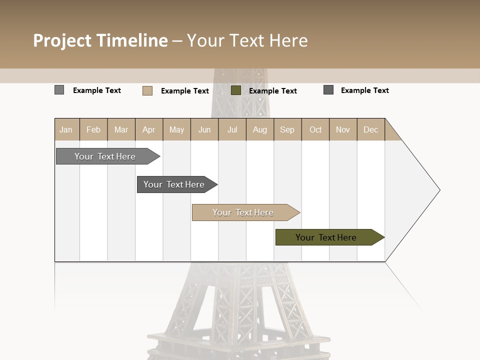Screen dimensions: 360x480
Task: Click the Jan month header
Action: pos(66,129)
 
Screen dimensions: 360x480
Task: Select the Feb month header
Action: pos(93,129)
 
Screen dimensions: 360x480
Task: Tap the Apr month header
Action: pos(149,129)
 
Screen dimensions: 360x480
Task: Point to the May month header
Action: pos(176,129)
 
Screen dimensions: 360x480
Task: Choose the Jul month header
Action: pos(232,129)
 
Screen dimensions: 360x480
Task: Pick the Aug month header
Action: pos(260,129)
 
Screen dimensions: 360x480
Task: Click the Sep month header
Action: pos(287,129)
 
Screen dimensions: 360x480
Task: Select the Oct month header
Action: pos(315,129)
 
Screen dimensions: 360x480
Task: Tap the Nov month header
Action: pos(343,129)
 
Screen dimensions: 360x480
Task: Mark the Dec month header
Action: pos(371,129)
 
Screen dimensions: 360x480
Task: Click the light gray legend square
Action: pos(59,90)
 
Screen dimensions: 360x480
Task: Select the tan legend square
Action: pos(147,90)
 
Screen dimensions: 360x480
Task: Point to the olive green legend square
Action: pos(236,90)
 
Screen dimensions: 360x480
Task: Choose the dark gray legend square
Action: pos(328,90)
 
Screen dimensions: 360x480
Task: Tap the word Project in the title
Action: pos(62,40)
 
